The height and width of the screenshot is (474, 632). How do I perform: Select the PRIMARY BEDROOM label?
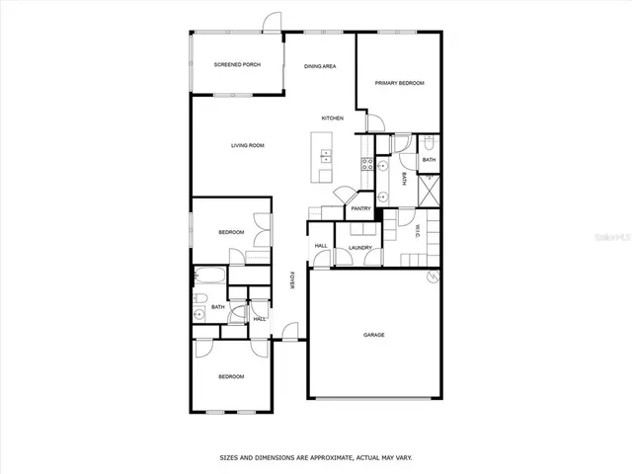click(x=399, y=83)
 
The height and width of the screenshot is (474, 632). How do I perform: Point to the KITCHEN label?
click(x=332, y=118)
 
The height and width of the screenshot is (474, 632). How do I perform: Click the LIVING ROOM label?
click(x=248, y=146)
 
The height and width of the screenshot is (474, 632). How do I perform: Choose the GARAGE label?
click(x=373, y=335)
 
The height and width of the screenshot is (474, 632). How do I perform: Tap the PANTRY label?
click(x=360, y=208)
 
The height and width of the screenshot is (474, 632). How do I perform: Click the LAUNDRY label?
click(x=359, y=248)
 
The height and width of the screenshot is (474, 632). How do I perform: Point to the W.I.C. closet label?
click(x=418, y=232)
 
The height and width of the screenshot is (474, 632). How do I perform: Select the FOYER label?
click(x=291, y=280)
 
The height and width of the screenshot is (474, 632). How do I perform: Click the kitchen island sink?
click(x=324, y=153)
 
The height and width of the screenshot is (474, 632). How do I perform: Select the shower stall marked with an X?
click(x=429, y=188)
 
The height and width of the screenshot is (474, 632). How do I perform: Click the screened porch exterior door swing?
click(x=272, y=24)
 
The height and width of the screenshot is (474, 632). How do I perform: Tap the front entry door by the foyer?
click(x=288, y=331)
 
